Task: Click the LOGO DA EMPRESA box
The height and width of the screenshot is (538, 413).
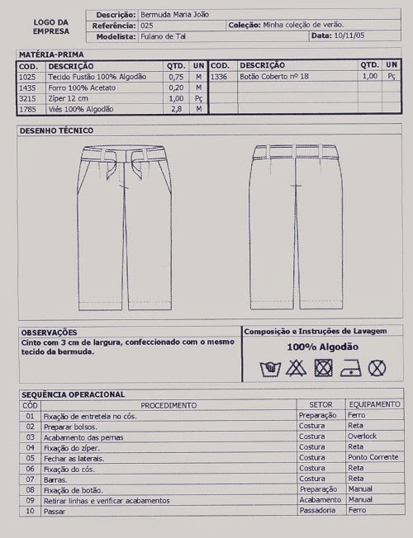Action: [51, 26]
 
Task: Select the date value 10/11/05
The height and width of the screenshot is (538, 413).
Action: [350, 36]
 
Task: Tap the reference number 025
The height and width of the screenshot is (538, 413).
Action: [148, 26]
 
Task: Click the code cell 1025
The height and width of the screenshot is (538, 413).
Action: [27, 76]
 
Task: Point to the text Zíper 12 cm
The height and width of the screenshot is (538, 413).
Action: [69, 98]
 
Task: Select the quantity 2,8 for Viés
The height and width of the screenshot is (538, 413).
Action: [175, 109]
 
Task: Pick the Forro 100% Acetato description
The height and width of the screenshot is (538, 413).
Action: [82, 87]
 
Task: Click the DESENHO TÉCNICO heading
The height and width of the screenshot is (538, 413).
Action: [57, 130]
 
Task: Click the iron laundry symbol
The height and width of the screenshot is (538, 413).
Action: [350, 368]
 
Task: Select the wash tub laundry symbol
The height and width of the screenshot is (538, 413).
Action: [268, 368]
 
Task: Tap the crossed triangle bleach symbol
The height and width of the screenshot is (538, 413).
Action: [296, 368]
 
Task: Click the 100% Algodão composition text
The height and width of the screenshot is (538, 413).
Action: [323, 347]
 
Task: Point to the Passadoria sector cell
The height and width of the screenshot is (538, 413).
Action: [318, 511]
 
